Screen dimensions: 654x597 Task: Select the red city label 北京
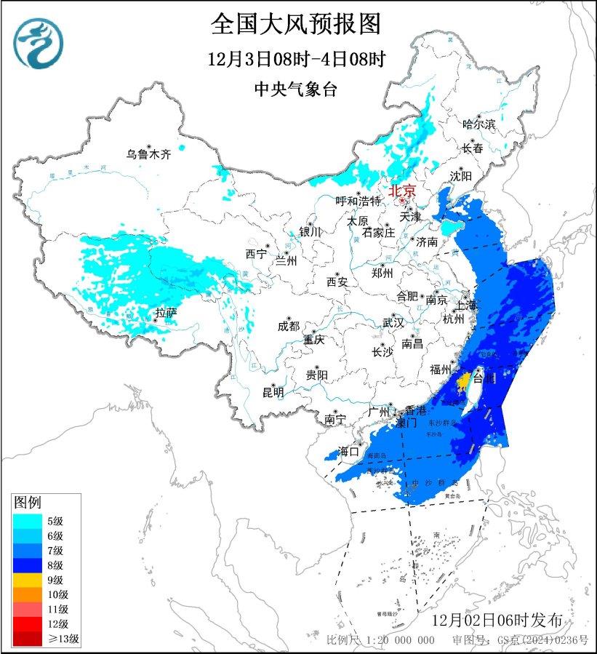402,191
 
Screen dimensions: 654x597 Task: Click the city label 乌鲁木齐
148,154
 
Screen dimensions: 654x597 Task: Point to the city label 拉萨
166,313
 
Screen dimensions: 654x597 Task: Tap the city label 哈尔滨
478,124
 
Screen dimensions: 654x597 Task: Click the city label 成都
289,326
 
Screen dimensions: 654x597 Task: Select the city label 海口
350,452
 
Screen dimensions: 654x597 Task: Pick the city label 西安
337,281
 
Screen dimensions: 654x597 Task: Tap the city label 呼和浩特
358,201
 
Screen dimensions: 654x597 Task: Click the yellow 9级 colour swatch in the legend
27,580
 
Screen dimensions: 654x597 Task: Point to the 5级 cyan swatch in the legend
27,520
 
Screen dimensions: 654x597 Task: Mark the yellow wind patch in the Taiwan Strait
462,380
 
